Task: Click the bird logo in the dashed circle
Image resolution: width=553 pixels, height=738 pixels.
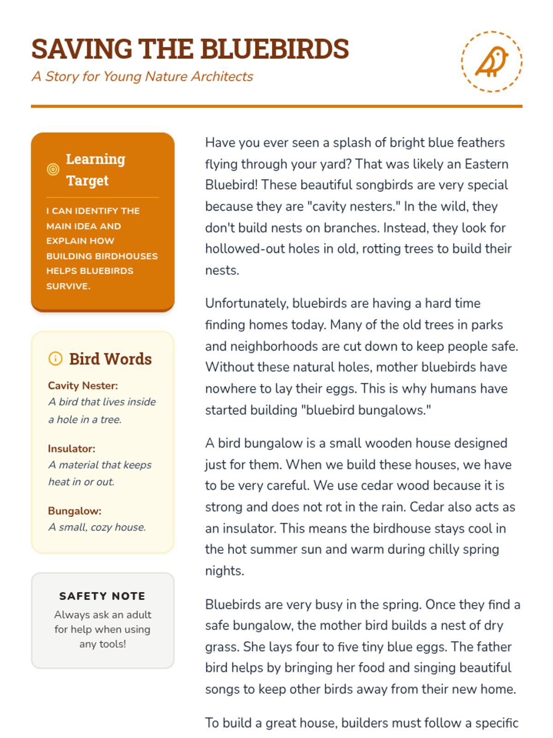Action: point(492,62)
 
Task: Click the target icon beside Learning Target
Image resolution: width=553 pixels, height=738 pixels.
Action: point(53,169)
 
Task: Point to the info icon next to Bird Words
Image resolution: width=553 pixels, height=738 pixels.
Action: point(55,358)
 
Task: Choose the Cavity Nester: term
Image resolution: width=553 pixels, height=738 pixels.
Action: point(83,386)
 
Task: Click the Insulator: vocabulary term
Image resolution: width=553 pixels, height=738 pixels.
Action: point(71,448)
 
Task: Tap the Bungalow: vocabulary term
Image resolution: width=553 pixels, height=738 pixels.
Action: point(75,511)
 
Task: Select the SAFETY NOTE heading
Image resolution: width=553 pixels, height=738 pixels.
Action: point(102,596)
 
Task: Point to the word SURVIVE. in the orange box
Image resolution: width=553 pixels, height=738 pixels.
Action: point(68,286)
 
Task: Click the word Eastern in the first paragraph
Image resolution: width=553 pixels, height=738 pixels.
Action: point(486,164)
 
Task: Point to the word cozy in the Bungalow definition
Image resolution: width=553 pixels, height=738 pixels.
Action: point(100,527)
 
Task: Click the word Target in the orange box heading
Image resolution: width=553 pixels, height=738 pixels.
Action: point(88,180)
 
